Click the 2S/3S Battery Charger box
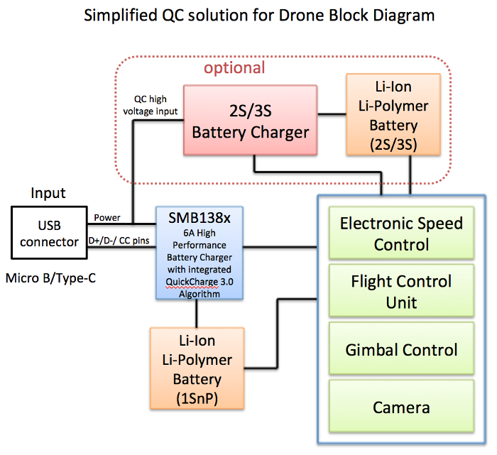click(x=250, y=121)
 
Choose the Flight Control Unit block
click(x=401, y=292)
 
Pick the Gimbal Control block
click(x=401, y=349)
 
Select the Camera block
click(x=401, y=407)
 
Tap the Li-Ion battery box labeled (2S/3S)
click(x=393, y=115)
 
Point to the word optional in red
click(x=234, y=69)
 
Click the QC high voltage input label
click(x=151, y=105)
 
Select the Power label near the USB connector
click(x=107, y=218)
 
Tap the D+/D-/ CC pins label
click(x=119, y=241)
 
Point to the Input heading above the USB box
click(x=48, y=192)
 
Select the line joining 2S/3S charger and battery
click(x=331, y=114)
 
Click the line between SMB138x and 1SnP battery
click(x=197, y=314)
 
